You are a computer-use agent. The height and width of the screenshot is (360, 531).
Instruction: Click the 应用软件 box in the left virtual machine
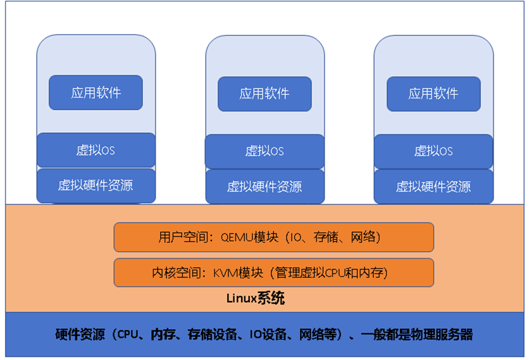[x=96, y=92]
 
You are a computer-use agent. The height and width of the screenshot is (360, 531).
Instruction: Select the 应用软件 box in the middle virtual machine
[x=265, y=94]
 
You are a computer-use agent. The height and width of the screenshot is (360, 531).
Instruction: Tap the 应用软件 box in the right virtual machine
[x=434, y=94]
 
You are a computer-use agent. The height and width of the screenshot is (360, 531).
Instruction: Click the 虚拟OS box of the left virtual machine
[x=96, y=150]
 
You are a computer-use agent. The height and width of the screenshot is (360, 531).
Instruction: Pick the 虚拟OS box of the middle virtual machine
[x=265, y=151]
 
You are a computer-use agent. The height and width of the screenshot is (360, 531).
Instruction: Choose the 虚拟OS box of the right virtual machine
[x=434, y=151]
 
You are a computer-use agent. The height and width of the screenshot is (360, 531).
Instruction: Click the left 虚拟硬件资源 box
[x=96, y=186]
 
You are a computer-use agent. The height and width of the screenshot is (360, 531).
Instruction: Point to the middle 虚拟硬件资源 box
[x=265, y=187]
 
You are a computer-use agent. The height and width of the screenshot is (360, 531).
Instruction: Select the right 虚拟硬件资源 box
[x=434, y=187]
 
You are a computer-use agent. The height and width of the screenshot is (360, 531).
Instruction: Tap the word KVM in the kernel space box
[x=225, y=273]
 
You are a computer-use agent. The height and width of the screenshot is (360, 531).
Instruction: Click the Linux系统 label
[x=255, y=298]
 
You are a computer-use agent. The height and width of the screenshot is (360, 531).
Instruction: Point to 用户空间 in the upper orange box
[x=183, y=237]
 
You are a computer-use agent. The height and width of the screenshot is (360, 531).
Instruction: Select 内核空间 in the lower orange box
[x=177, y=273]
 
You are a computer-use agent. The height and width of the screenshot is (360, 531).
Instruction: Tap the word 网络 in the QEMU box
[x=363, y=237]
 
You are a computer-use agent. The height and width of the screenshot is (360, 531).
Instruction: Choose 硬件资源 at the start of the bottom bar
[x=80, y=335]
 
